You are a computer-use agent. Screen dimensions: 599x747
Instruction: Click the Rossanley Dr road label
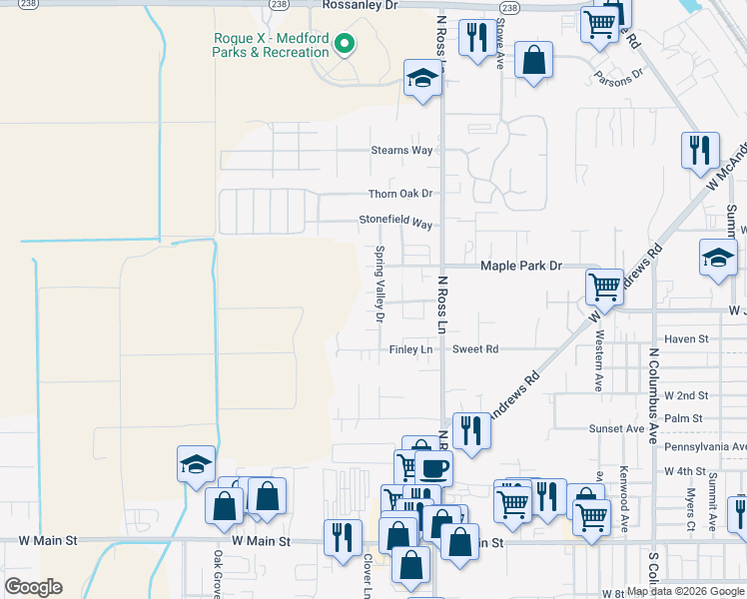(360, 6)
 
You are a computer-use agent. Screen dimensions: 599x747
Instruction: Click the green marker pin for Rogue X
(345, 44)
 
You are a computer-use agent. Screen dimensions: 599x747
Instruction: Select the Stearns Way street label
(402, 151)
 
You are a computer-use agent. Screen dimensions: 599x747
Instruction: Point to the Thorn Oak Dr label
(400, 194)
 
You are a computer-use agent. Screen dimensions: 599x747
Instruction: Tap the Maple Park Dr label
(522, 267)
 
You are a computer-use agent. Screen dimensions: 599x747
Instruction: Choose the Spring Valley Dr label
(379, 285)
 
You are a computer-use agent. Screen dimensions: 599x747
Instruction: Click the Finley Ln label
(411, 349)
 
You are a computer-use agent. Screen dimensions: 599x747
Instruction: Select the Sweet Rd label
(475, 349)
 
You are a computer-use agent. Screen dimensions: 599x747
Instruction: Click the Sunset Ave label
(616, 428)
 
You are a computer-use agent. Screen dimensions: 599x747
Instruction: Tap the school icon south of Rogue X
(422, 79)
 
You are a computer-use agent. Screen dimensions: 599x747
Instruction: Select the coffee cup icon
(432, 467)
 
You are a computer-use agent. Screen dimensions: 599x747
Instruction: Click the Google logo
(33, 587)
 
